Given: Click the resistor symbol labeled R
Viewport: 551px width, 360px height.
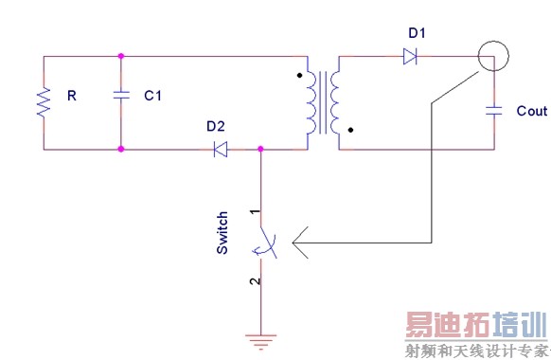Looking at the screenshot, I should point(44,101).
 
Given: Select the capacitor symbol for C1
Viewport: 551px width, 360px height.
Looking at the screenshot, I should point(121,96).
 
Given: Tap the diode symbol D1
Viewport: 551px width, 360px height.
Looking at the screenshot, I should point(410,57).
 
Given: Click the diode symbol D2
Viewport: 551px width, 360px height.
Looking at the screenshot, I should point(220,149).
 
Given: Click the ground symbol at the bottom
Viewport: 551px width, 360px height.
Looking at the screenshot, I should point(261,342).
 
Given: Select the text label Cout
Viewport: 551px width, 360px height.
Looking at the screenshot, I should point(531,111).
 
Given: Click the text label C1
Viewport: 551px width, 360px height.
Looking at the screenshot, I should point(152,97).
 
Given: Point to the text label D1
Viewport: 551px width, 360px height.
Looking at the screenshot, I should point(417,34).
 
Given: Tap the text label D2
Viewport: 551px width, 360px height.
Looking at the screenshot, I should point(215,126).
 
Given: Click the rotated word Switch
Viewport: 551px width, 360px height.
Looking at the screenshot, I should point(222,232).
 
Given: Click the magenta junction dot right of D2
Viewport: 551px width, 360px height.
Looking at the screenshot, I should point(261,149).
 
